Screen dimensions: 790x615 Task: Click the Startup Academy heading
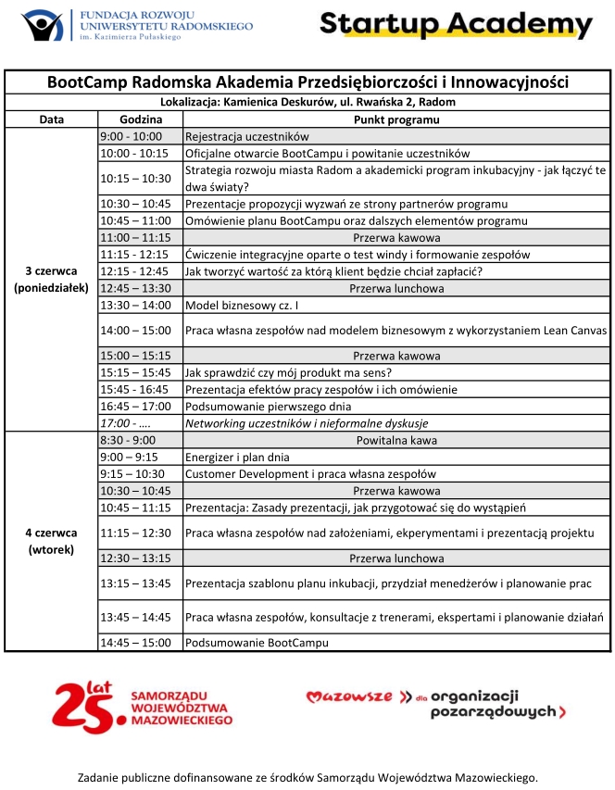click(x=456, y=24)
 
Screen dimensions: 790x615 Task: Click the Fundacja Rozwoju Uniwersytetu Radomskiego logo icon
click(x=43, y=25)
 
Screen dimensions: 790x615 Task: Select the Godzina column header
click(x=140, y=119)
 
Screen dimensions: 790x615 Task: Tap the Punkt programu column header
click(x=396, y=119)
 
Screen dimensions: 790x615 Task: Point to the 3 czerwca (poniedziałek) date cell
click(x=52, y=279)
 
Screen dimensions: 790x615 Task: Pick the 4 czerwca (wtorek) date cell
click(x=52, y=541)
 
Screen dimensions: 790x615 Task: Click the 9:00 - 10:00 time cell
click(x=140, y=136)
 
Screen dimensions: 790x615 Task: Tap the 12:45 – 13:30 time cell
click(x=140, y=288)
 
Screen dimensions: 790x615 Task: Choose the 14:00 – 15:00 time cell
click(x=140, y=330)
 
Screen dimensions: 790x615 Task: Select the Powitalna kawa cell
click(x=396, y=440)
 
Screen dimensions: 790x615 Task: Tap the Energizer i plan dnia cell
click(x=238, y=457)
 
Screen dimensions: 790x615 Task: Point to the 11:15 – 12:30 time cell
click(x=140, y=533)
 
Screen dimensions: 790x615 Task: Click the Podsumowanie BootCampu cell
click(x=257, y=642)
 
